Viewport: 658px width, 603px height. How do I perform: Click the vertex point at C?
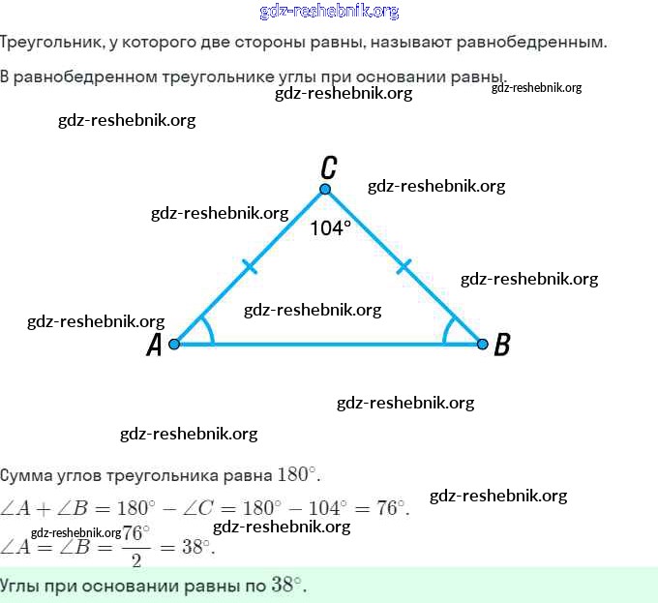click(x=326, y=190)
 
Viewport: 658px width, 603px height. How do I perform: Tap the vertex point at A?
click(x=175, y=344)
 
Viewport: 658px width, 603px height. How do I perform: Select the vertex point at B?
click(x=481, y=344)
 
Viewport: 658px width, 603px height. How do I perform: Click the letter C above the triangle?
click(x=329, y=166)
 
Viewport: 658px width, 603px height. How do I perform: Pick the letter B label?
click(x=501, y=345)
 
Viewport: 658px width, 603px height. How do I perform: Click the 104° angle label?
click(x=331, y=228)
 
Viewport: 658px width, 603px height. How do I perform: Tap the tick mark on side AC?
click(x=250, y=266)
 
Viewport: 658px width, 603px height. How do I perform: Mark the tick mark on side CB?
click(x=404, y=266)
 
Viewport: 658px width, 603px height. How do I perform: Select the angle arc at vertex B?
click(x=447, y=331)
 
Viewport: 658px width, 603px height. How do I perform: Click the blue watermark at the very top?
click(x=329, y=12)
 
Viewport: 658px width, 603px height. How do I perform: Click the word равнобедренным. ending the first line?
click(x=541, y=44)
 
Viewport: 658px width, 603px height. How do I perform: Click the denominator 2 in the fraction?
click(x=136, y=558)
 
